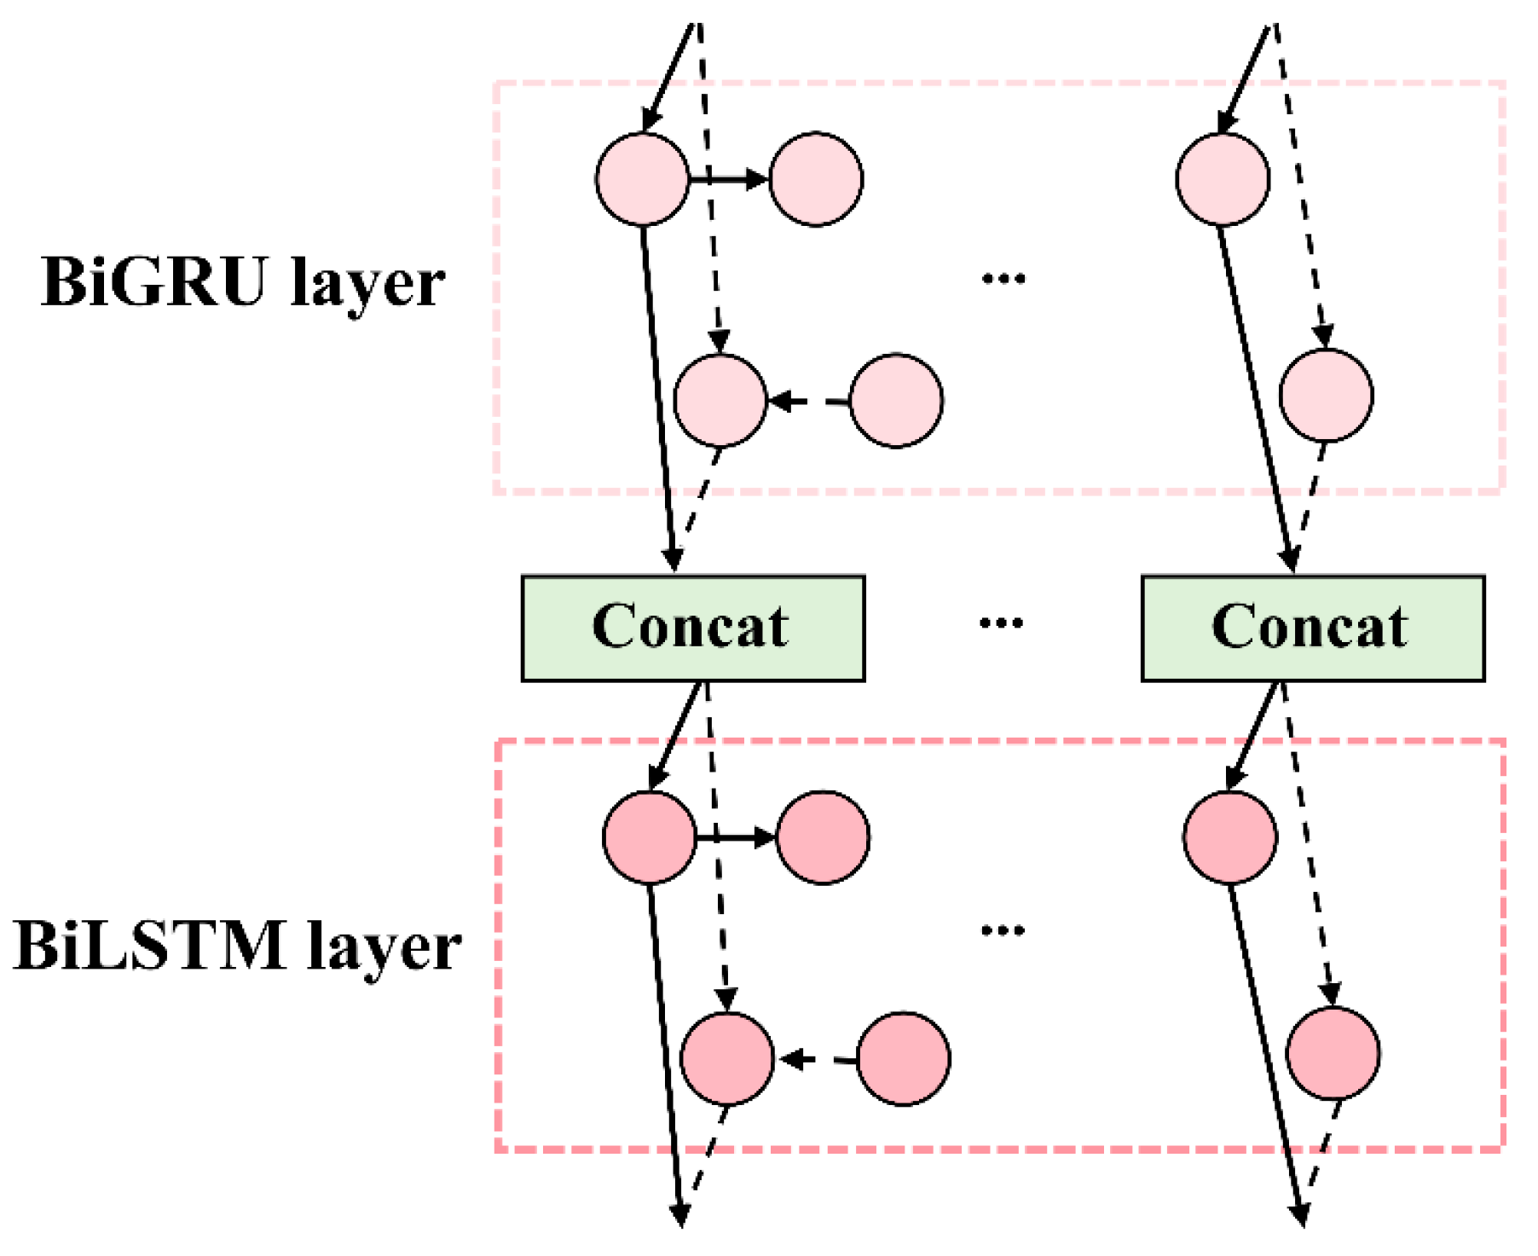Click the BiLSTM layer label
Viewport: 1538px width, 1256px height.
click(237, 946)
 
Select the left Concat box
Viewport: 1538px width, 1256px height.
click(692, 628)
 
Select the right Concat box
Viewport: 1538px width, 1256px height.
click(1312, 628)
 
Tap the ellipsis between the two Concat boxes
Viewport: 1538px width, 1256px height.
click(1001, 623)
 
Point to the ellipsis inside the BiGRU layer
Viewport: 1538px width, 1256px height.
click(1003, 278)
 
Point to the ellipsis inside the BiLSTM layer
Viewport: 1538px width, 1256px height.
click(1003, 930)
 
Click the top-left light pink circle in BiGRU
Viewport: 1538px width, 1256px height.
click(642, 179)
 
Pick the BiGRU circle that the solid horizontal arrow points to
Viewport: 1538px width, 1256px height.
click(816, 179)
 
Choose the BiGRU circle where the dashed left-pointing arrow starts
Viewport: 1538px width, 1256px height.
click(896, 400)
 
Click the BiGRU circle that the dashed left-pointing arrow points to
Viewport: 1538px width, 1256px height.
click(720, 400)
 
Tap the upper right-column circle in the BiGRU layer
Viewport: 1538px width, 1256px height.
click(1222, 179)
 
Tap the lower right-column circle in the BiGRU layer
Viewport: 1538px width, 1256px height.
click(1326, 395)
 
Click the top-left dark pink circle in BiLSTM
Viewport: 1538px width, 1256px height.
click(649, 837)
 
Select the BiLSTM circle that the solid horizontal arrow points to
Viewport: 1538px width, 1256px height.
click(823, 837)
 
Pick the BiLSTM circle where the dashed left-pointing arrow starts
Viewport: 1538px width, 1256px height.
click(903, 1059)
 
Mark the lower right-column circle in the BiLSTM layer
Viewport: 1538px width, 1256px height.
click(1333, 1053)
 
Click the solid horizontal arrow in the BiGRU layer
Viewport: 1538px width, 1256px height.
click(729, 179)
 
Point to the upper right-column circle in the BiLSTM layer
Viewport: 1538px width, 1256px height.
click(1229, 837)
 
